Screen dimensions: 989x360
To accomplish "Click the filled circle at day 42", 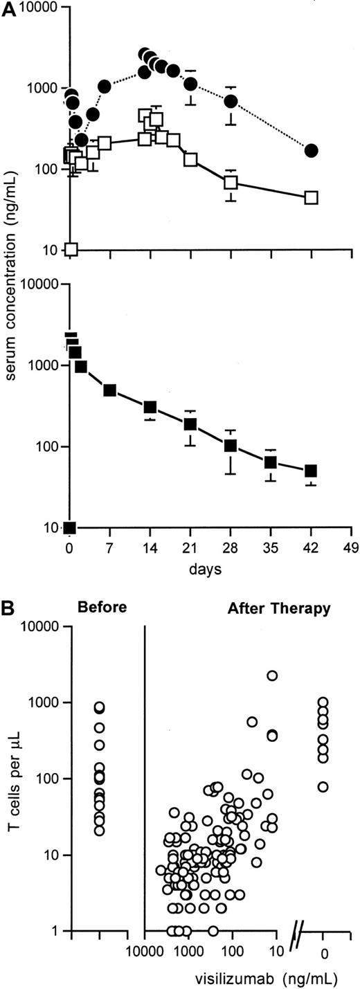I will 312,150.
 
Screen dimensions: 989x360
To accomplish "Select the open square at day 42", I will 312,198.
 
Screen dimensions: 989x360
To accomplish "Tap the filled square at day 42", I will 312,471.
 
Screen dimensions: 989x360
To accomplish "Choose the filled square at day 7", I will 109,390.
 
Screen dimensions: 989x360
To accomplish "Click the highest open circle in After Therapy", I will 272,675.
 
